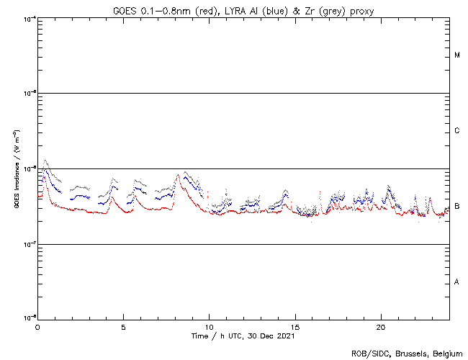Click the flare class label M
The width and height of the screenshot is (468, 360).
(457, 55)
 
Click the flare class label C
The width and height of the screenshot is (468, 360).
(457, 131)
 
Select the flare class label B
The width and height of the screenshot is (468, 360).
(457, 207)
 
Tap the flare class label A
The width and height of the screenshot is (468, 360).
(457, 282)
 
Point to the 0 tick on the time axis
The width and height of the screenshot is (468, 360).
(37, 326)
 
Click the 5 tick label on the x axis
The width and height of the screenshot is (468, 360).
(123, 326)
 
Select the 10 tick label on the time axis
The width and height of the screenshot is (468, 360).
(209, 326)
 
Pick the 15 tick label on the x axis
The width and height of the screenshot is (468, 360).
(294, 326)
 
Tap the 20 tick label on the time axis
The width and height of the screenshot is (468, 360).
(380, 326)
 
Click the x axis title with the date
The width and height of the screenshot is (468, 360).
(243, 336)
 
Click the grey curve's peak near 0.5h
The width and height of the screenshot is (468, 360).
(45, 160)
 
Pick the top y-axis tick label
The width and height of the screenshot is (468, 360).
(29, 18)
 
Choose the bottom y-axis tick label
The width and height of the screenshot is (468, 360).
(29, 318)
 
